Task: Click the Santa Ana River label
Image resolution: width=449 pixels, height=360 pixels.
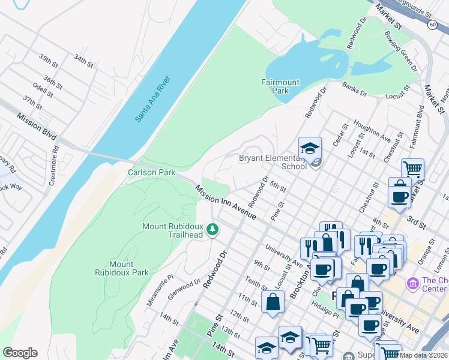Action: click(x=152, y=99)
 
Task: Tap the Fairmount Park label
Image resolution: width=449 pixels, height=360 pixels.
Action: click(x=276, y=86)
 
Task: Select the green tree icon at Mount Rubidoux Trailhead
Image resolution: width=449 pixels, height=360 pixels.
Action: click(x=212, y=229)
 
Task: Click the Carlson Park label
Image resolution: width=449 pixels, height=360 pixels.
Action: click(x=151, y=172)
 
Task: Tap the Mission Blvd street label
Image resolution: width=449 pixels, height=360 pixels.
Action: click(x=37, y=127)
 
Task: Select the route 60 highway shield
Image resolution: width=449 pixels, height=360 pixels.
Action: click(x=433, y=25)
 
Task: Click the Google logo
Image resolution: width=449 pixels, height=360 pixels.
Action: click(x=20, y=353)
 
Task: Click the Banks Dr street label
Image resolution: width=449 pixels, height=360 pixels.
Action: click(x=354, y=89)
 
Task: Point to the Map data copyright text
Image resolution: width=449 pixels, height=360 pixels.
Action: click(x=423, y=355)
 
